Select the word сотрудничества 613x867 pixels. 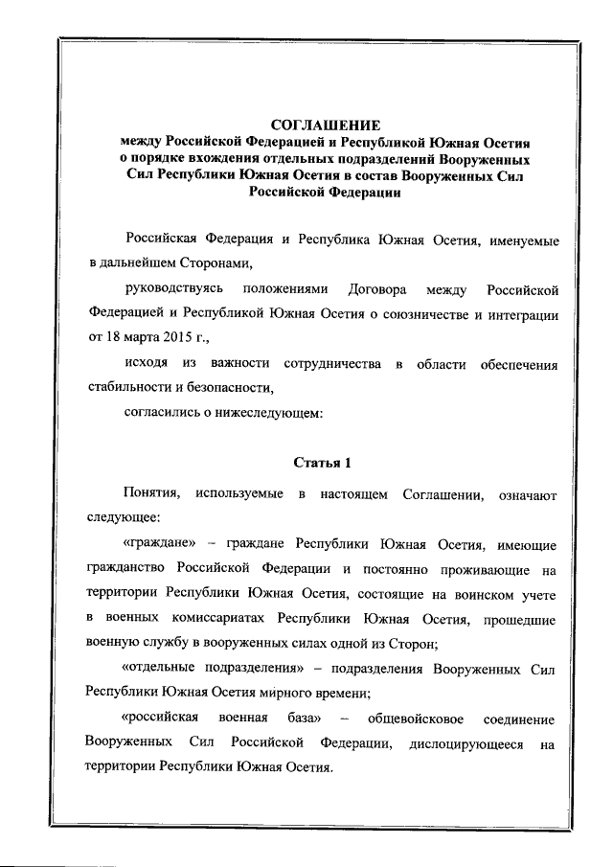(331, 364)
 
